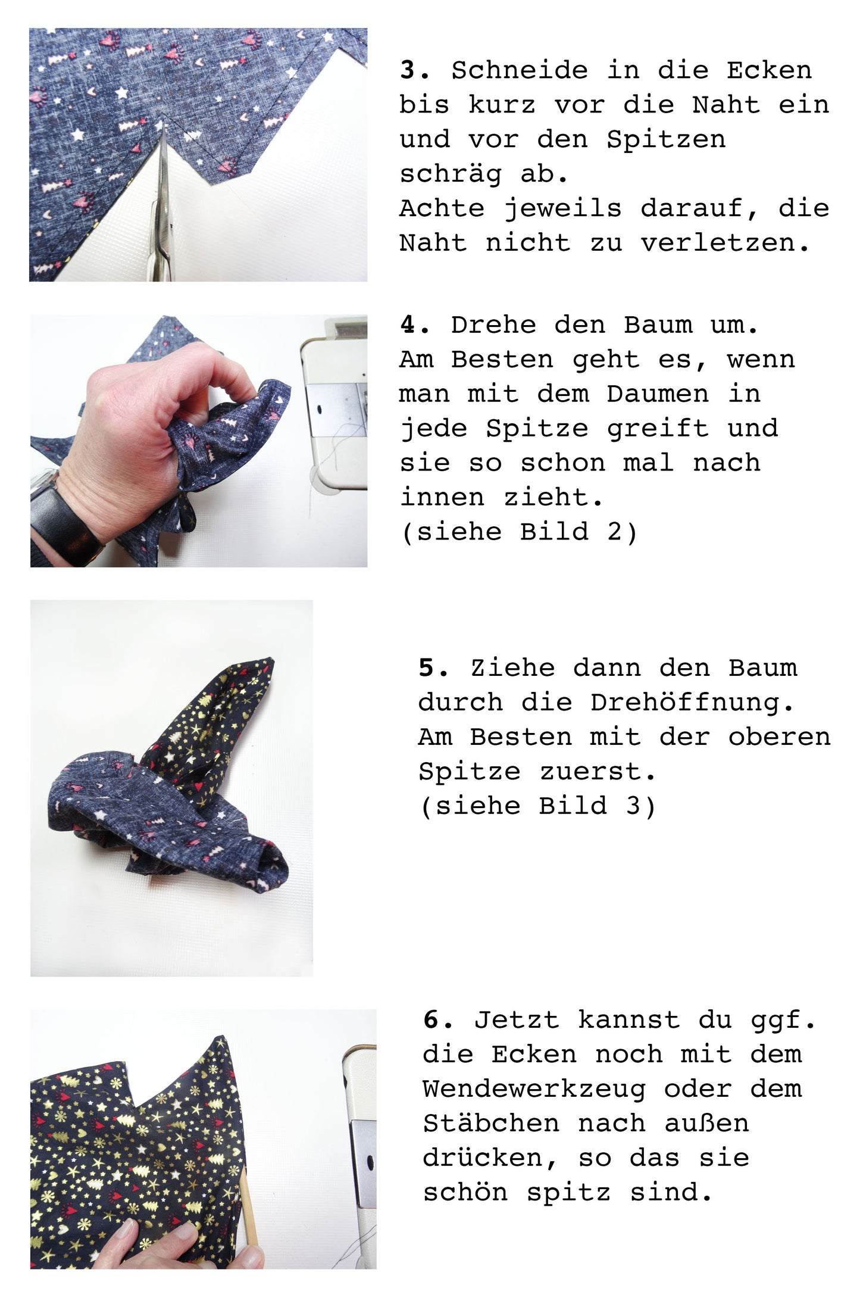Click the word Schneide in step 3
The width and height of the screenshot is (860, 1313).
tap(520, 70)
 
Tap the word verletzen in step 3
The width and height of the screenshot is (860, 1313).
tap(724, 242)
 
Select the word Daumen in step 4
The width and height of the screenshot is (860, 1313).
tap(658, 394)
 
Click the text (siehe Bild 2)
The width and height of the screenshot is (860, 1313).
tap(519, 532)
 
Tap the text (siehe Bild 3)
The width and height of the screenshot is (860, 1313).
tap(537, 806)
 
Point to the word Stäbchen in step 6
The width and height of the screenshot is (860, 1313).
tap(491, 1124)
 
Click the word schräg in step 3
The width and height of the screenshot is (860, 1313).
tap(451, 174)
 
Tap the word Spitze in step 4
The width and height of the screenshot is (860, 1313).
tap(537, 429)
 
